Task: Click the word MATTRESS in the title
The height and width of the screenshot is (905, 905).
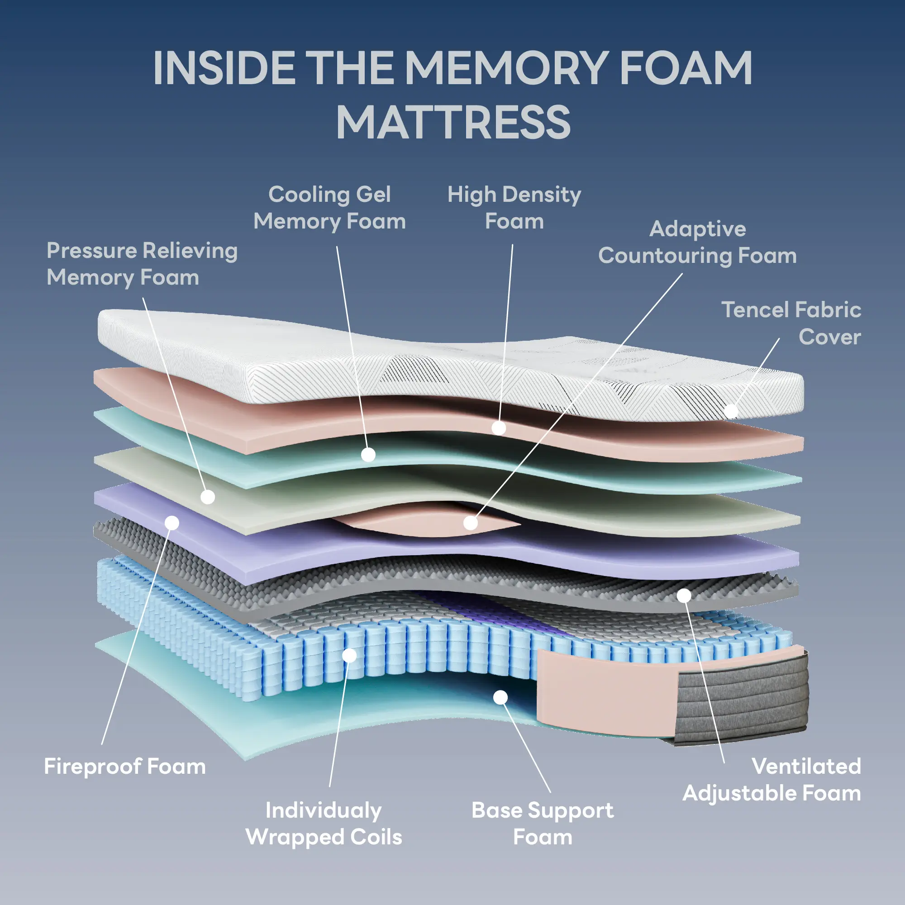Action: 453,123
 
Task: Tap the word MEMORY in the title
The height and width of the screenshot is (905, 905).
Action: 506,68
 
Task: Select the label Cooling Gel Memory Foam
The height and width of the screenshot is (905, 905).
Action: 329,208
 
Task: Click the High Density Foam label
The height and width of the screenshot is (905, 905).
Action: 514,208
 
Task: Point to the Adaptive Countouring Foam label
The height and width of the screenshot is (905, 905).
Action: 697,242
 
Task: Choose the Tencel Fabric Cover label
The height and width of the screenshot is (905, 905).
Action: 791,323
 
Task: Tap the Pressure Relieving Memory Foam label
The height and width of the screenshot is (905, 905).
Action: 142,264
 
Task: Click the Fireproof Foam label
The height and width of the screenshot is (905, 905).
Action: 124,767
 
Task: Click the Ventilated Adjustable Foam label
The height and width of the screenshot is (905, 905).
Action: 772,780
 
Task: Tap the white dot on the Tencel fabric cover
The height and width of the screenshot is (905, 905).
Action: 731,411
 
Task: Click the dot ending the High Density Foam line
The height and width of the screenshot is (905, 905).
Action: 498,428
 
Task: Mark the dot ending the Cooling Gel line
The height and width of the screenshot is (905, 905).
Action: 368,454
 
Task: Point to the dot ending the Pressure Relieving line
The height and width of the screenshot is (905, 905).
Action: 208,497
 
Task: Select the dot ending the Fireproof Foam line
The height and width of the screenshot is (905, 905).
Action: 172,523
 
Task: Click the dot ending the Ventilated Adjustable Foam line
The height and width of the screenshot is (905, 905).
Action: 684,596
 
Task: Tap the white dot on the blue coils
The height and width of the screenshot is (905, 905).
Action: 349,655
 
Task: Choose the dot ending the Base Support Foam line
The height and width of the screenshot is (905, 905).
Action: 501,697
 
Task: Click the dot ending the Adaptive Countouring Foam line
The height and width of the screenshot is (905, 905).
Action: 470,523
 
